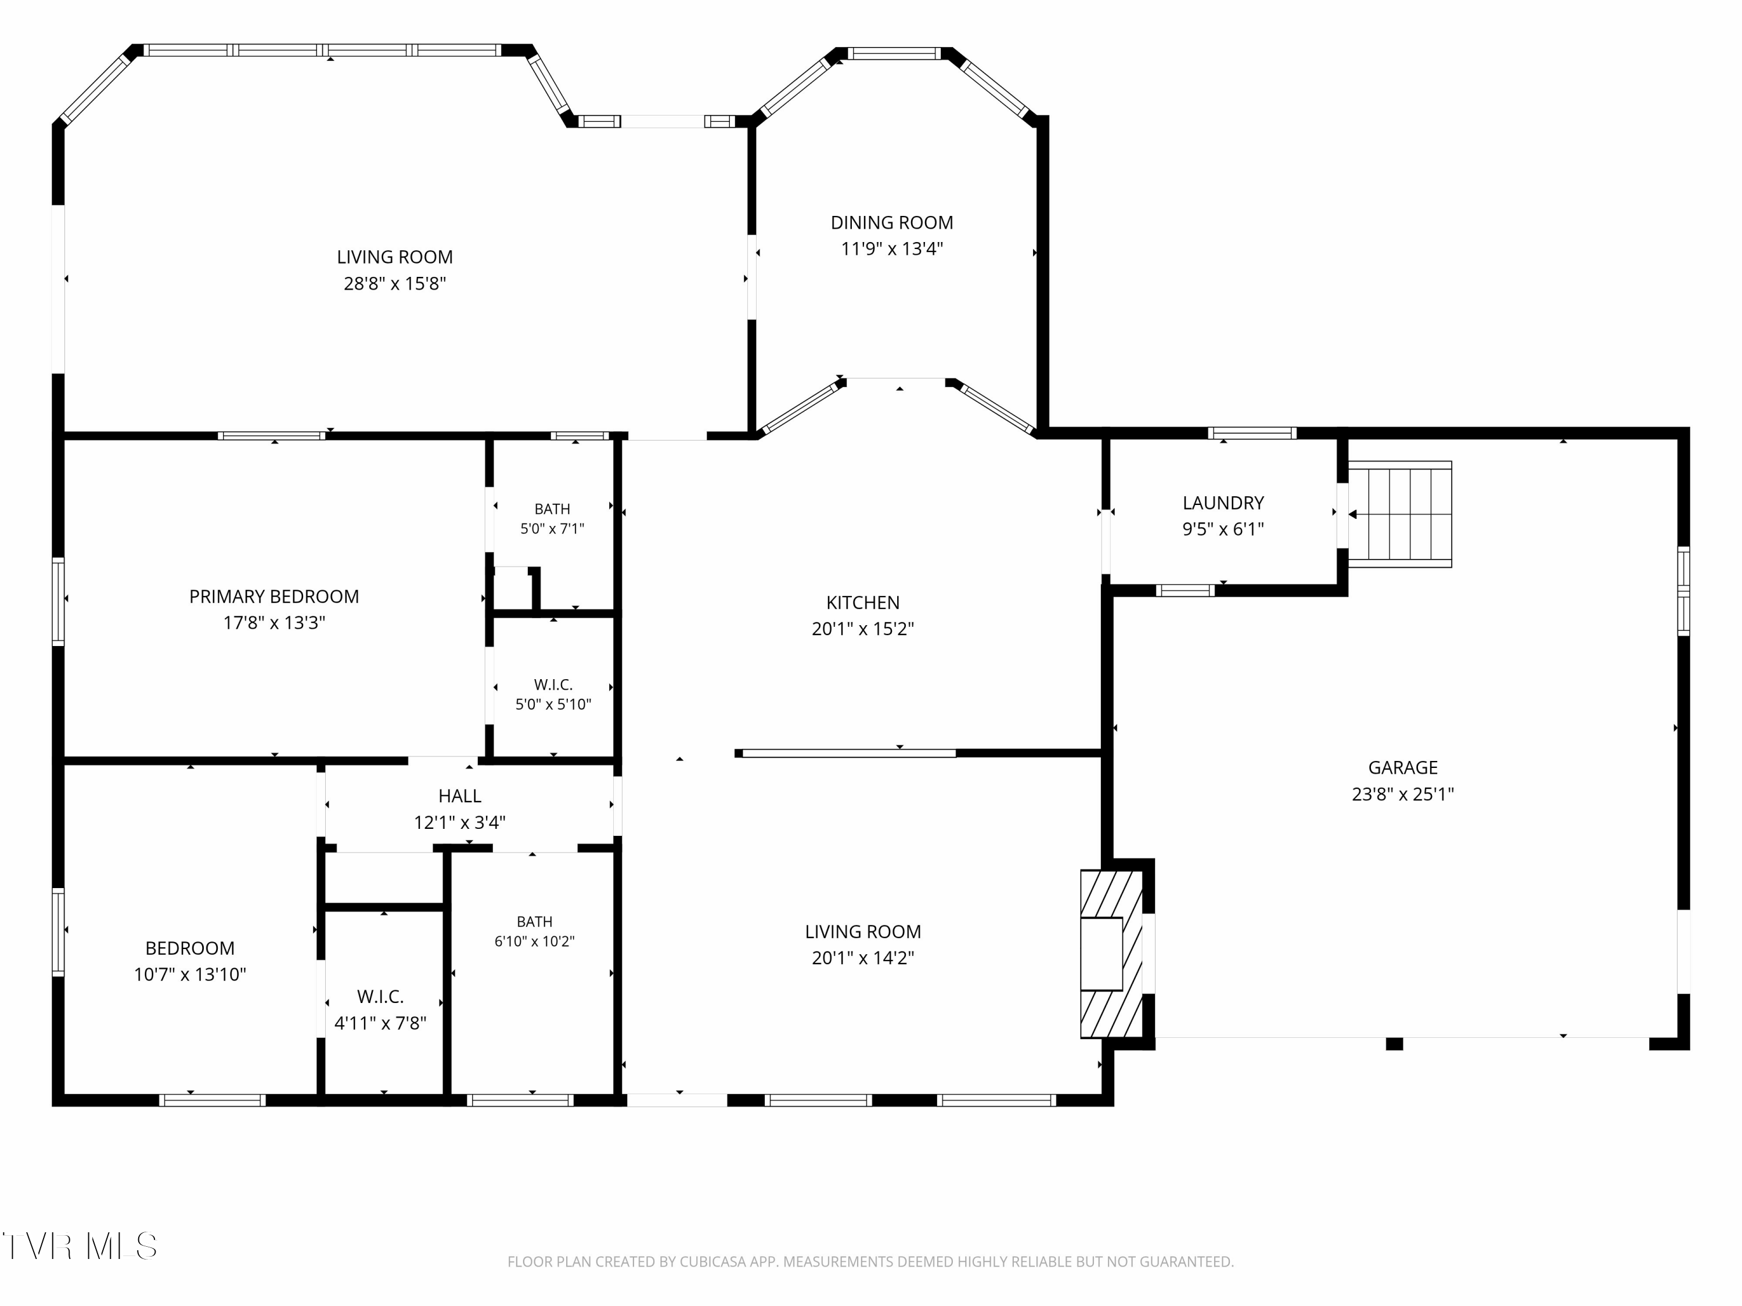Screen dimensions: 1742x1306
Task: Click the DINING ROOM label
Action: [x=891, y=223]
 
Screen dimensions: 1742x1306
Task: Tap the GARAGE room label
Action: [x=1402, y=767]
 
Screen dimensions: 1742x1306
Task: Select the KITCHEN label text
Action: [x=862, y=603]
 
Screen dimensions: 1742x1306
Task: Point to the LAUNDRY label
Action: [x=1223, y=503]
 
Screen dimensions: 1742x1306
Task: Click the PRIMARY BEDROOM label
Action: [x=274, y=597]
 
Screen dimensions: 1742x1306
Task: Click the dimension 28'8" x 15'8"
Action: [x=394, y=283]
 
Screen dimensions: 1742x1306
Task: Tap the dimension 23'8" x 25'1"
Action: [x=1402, y=793]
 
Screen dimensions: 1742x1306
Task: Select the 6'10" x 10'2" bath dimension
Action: [x=535, y=941]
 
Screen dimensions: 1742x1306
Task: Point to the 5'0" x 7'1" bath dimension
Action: [x=552, y=528]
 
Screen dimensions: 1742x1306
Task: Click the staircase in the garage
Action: [x=1400, y=514]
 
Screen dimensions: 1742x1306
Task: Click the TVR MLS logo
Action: [x=80, y=1246]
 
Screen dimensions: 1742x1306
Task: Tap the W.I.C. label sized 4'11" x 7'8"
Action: [x=380, y=997]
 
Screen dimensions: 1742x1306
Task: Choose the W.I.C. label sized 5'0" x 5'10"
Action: [x=553, y=685]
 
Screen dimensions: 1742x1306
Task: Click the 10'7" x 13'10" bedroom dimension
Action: [x=190, y=975]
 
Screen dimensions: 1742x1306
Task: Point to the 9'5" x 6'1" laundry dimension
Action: [x=1223, y=529]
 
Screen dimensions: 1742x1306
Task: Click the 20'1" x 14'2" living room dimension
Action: [x=862, y=958]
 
